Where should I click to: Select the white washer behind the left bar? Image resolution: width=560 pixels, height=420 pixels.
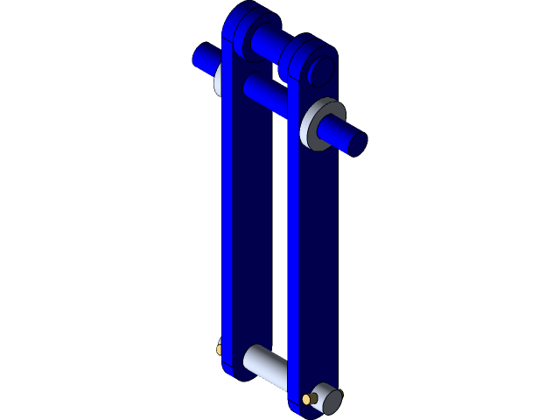[218, 80]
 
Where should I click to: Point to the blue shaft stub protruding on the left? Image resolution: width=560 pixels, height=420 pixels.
[203, 59]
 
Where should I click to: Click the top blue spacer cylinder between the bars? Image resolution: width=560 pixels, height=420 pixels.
[266, 40]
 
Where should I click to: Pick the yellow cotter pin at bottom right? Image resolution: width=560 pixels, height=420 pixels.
[309, 399]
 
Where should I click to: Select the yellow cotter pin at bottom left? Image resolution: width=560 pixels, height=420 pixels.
[219, 350]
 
